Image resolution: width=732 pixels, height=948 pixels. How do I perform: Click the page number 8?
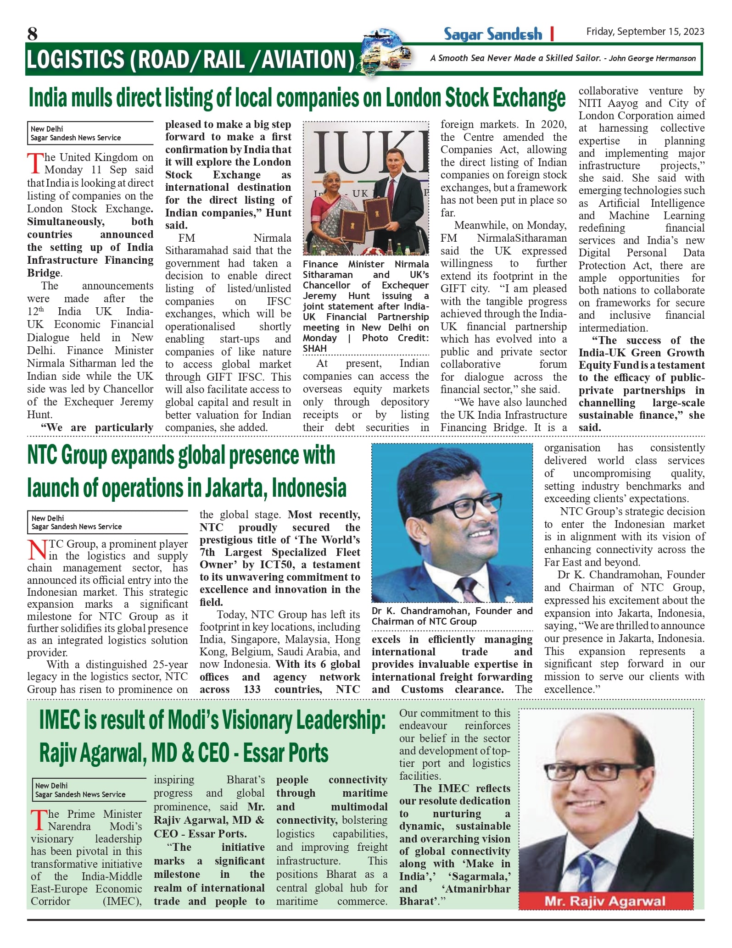click(x=32, y=33)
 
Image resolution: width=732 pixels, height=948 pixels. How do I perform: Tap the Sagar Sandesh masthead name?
click(x=492, y=34)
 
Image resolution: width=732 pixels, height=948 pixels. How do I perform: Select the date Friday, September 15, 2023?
click(x=645, y=31)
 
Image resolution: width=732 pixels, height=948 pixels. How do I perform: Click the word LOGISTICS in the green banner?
click(x=75, y=60)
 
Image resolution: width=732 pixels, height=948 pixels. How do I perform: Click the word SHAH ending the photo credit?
click(x=314, y=349)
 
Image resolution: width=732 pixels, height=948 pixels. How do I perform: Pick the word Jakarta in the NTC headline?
click(x=234, y=488)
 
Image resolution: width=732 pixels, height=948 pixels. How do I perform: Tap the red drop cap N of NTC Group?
click(x=37, y=550)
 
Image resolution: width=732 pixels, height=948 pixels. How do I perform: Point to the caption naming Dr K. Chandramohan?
click(x=452, y=616)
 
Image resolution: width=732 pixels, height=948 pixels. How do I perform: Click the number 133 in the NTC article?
click(x=252, y=689)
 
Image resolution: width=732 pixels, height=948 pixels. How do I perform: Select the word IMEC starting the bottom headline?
click(x=60, y=720)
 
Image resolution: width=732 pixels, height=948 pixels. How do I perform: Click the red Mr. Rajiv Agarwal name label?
click(x=605, y=901)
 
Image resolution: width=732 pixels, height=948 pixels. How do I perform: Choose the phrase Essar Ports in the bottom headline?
click(x=285, y=753)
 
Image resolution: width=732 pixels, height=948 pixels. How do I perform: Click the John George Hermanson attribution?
click(x=652, y=58)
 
